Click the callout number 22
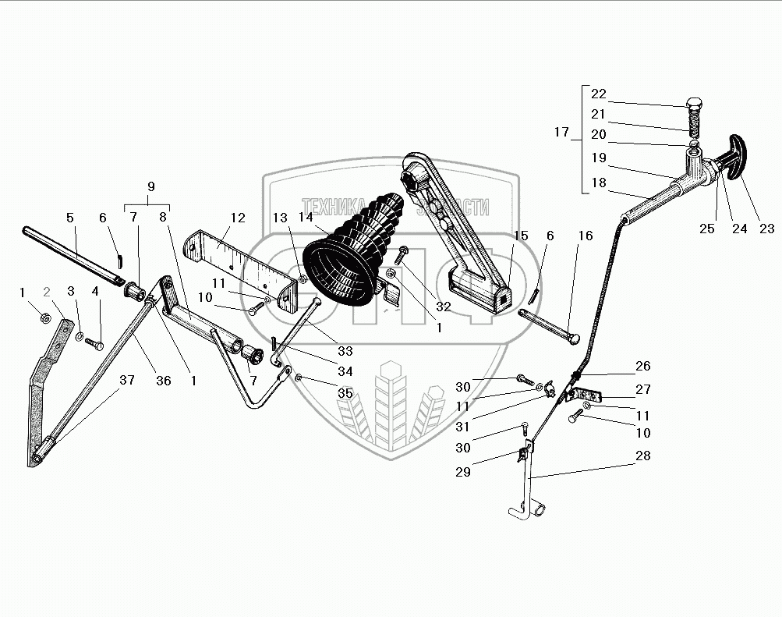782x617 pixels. point(598,94)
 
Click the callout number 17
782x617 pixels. point(562,133)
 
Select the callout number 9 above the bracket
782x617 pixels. point(150,186)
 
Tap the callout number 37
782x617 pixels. point(126,380)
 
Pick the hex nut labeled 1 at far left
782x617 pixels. point(46,318)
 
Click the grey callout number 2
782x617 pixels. point(47,293)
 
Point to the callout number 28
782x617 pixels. point(643,456)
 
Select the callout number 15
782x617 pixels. point(520,236)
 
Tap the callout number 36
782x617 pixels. point(164,381)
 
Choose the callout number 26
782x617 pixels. point(643,365)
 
